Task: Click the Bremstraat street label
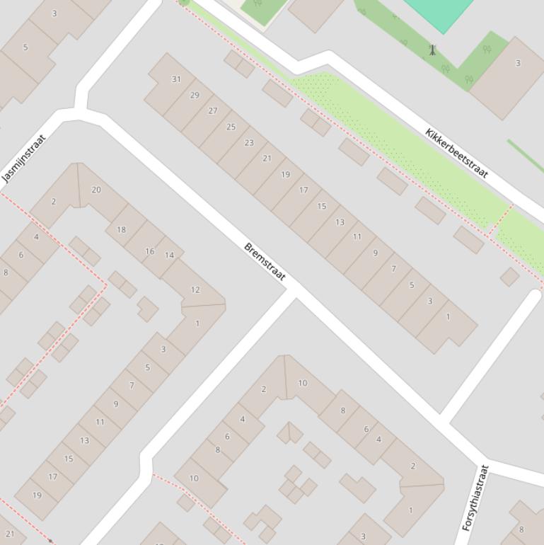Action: tap(265, 262)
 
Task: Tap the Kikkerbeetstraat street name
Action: tap(457, 152)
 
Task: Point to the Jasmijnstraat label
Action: tap(23, 159)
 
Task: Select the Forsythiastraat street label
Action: tap(475, 498)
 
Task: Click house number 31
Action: tap(176, 79)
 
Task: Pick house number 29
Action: tap(195, 95)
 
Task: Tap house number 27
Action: tap(213, 110)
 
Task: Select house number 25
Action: tap(231, 127)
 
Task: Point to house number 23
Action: tap(249, 142)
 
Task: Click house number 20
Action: tap(96, 190)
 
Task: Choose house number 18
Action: tap(121, 229)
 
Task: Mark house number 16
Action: tap(149, 251)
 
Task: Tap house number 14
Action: tap(169, 256)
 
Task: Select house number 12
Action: tap(195, 289)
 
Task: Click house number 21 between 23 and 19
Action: tap(267, 158)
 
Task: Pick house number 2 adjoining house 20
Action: tap(53, 202)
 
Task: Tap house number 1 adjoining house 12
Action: tap(197, 323)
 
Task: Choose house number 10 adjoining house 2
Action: tap(303, 383)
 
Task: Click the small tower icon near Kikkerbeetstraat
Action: tap(432, 50)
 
